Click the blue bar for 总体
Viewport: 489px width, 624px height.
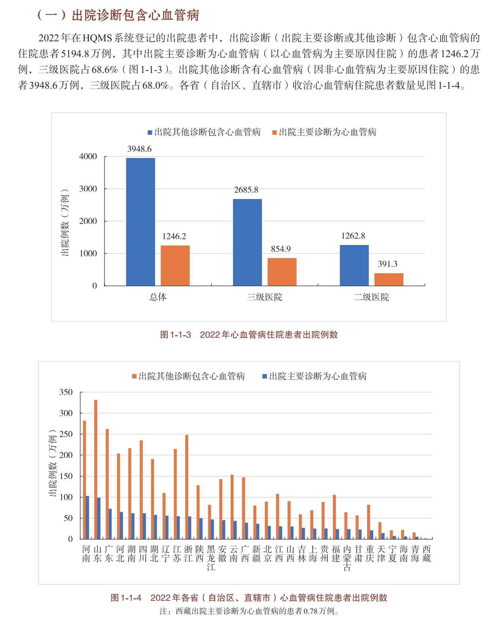(x=140, y=221)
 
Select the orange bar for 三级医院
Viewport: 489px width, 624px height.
(x=282, y=272)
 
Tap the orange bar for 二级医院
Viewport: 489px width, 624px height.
(x=389, y=279)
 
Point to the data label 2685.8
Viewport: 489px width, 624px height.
(x=246, y=190)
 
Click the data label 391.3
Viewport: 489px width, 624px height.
(x=387, y=264)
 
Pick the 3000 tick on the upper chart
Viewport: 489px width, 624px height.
(x=88, y=189)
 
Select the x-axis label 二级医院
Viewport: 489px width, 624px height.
(x=371, y=297)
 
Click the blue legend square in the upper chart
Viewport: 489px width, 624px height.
(x=150, y=132)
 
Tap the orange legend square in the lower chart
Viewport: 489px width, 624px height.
(x=134, y=376)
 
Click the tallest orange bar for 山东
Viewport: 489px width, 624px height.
(x=96, y=469)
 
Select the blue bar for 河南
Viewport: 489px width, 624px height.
(x=88, y=517)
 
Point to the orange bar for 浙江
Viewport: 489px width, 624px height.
(x=187, y=487)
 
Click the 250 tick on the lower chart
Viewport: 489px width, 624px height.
(x=66, y=434)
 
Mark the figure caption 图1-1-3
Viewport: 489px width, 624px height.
(x=175, y=335)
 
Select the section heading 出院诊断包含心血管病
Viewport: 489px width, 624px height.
(x=135, y=15)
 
